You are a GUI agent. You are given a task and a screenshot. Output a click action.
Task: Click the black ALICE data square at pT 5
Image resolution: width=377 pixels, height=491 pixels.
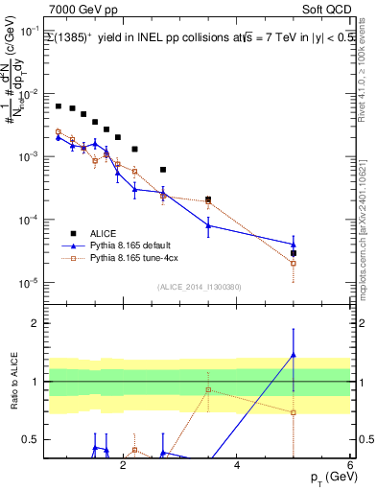point(294,253)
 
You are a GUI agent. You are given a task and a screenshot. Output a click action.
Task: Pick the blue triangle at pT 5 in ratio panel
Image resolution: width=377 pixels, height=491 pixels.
point(294,356)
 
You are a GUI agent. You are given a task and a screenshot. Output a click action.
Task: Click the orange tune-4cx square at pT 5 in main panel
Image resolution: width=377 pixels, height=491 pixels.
point(294,263)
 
